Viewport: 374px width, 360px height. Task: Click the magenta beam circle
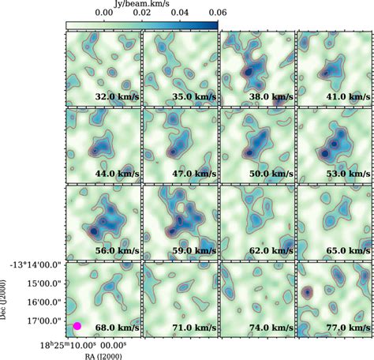pos(77,326)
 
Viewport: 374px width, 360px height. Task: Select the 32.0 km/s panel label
pos(117,96)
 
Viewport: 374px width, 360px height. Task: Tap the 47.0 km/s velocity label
pos(194,174)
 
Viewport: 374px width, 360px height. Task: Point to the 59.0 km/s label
pos(194,250)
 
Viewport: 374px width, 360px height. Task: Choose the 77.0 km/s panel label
pos(348,328)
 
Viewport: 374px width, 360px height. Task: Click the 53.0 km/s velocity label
pos(348,174)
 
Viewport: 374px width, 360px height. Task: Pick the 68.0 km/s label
pos(117,328)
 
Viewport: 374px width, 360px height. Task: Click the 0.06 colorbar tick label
pos(218,13)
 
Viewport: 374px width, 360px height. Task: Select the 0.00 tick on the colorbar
pos(104,13)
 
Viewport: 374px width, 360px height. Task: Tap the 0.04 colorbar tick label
pos(180,13)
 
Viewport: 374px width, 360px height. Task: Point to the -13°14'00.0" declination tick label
pos(36,265)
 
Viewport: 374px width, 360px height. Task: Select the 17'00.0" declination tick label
pos(45,321)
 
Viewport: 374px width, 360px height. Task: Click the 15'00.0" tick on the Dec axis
pos(45,283)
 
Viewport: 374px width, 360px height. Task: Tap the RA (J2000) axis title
pos(103,357)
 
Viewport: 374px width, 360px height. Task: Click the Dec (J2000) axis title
pos(3,299)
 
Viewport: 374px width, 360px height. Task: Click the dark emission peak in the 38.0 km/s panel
pos(249,72)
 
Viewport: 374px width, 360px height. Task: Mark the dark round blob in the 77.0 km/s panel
pos(307,292)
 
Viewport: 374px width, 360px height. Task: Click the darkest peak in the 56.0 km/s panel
pos(94,231)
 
